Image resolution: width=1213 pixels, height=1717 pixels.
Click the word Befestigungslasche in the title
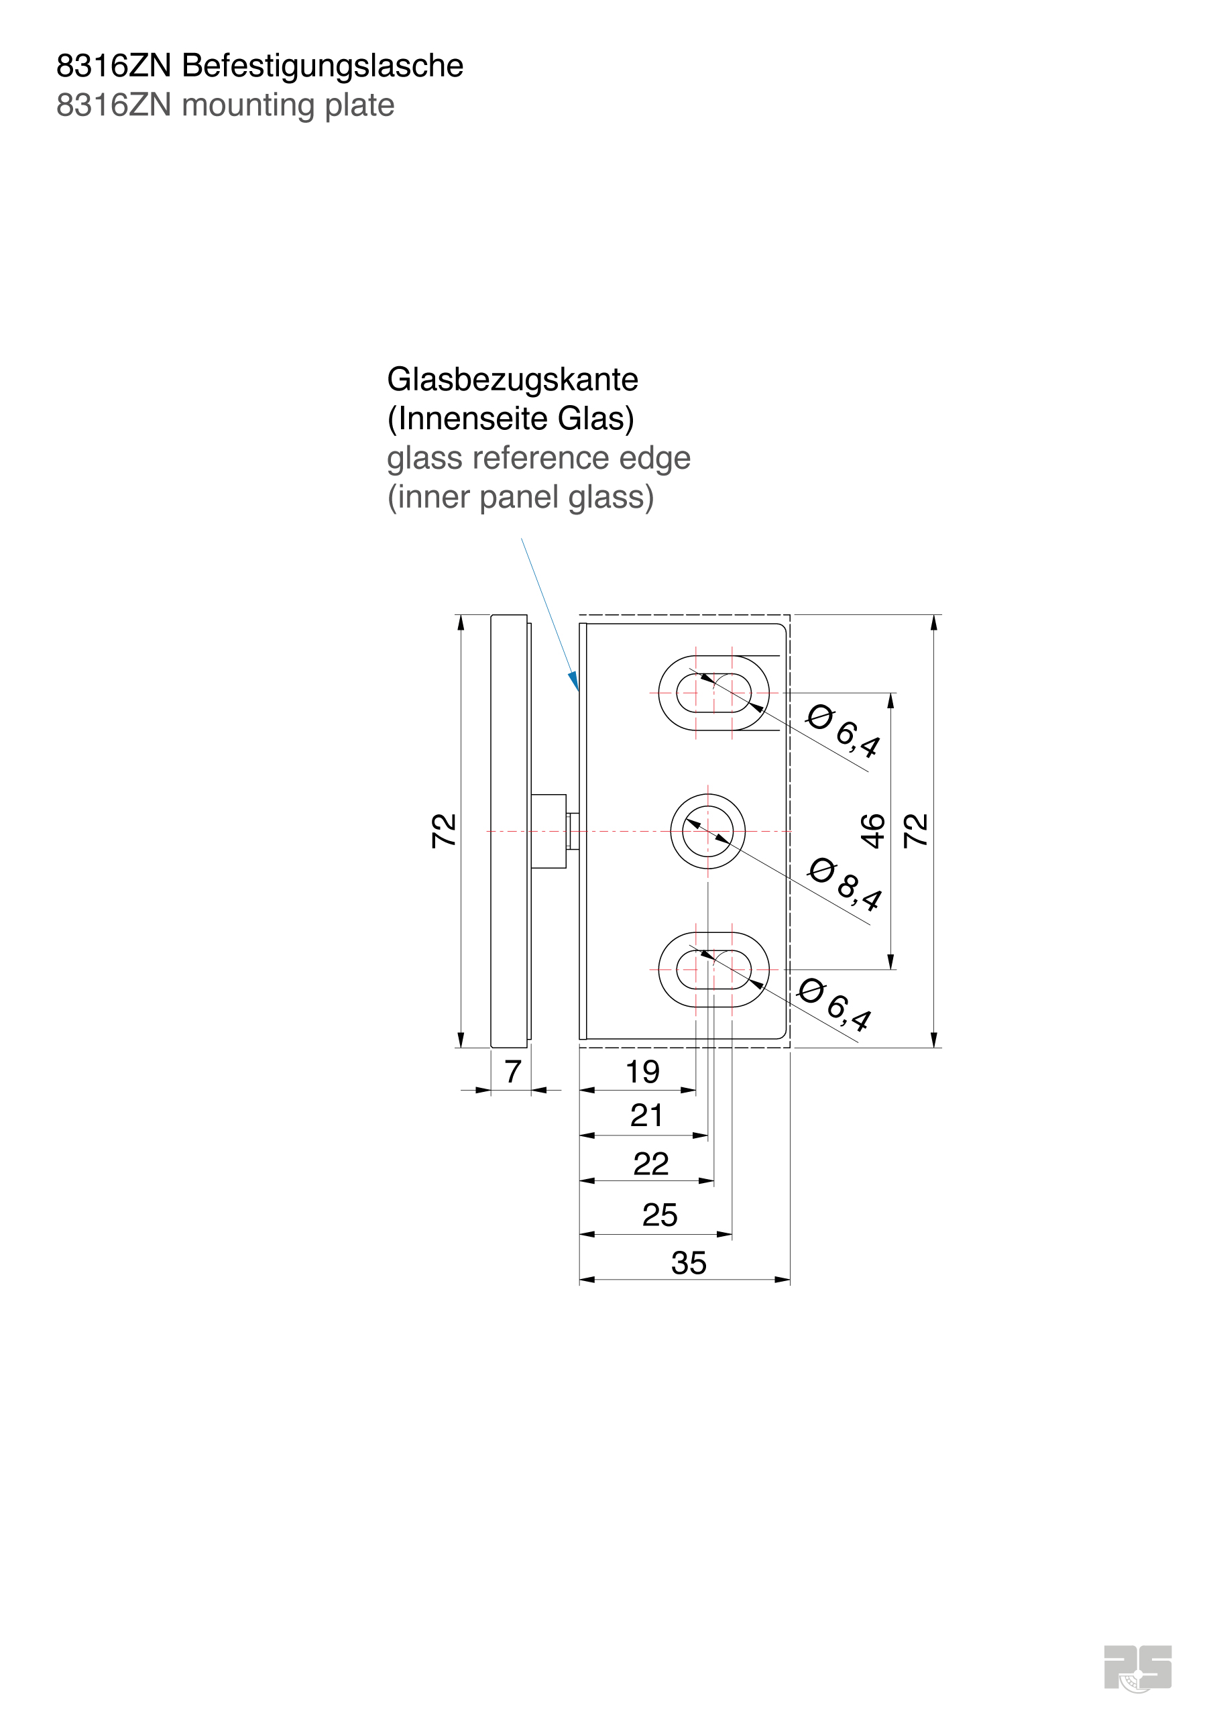322,66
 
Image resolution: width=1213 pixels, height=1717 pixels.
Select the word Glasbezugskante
512,380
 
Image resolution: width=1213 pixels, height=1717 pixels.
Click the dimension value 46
873,831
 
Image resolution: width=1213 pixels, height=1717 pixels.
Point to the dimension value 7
512,1072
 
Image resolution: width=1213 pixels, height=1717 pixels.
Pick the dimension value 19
642,1072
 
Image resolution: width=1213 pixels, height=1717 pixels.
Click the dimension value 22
650,1164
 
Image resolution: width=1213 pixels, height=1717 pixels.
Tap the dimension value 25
659,1215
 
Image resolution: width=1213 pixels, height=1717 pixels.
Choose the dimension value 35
688,1263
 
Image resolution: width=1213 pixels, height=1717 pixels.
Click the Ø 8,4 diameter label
845,884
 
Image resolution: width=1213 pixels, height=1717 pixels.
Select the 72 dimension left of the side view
443,830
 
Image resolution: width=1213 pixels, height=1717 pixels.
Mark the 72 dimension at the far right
915,831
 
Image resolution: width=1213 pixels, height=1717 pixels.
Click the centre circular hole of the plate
707,831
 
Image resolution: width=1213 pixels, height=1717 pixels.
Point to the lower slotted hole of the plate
713,969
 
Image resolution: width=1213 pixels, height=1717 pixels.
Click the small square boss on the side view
548,831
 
